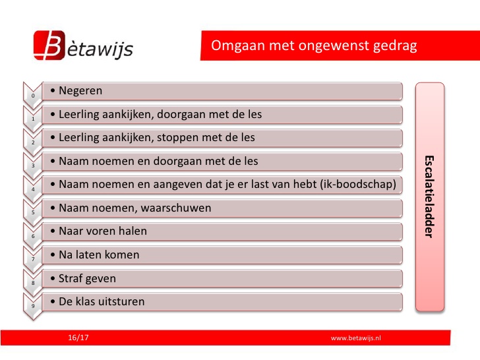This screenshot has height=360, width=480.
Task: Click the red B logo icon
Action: pos(49,45)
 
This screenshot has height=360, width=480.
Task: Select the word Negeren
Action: pos(80,90)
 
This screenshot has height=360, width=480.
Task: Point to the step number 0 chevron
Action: pos(33,96)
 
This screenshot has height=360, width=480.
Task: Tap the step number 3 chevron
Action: pos(33,165)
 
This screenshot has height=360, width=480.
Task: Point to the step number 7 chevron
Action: pos(33,259)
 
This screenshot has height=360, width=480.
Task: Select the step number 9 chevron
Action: pos(33,306)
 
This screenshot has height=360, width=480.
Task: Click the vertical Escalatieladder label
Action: pos(429,197)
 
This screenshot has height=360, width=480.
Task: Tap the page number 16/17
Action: pos(78,338)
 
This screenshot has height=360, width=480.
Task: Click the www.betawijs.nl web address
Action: pos(356,338)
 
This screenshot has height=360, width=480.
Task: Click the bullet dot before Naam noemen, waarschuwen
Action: pos(53,208)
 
